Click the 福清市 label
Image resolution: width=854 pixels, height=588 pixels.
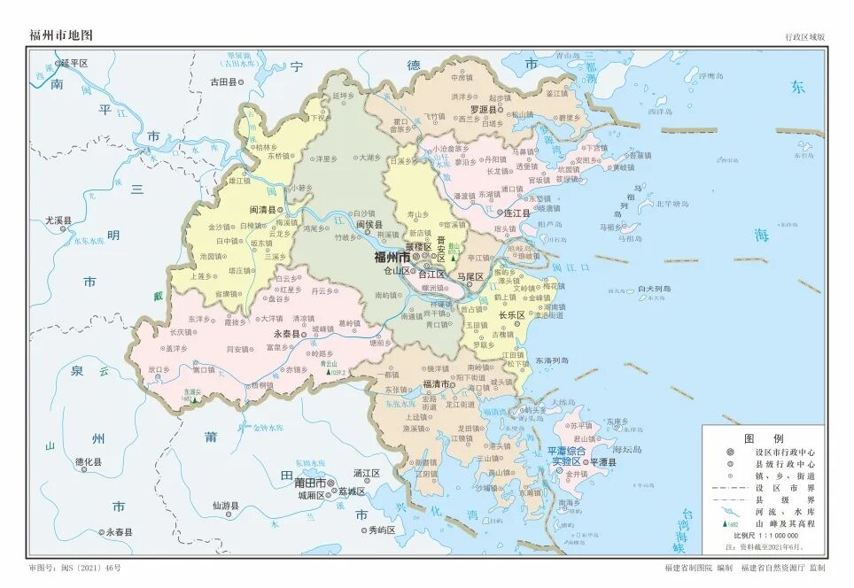(439, 384)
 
